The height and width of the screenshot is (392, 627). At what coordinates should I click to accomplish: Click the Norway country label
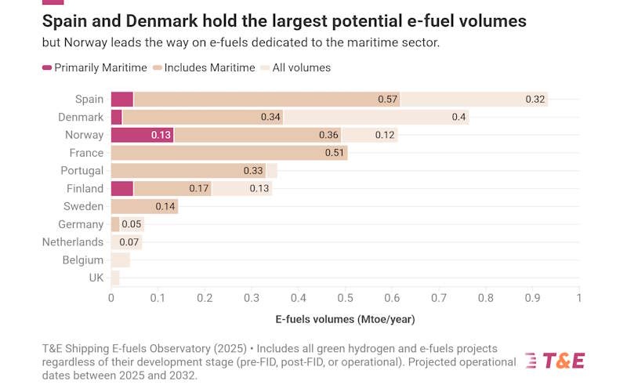pyautogui.click(x=84, y=135)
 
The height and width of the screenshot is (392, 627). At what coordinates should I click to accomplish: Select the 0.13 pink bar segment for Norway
pyautogui.click(x=142, y=135)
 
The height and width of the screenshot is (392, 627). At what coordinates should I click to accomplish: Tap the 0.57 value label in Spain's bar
pyautogui.click(x=387, y=100)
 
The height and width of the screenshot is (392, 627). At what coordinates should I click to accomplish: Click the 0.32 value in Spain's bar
pyautogui.click(x=535, y=100)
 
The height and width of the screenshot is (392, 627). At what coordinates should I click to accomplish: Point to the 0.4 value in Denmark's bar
pyautogui.click(x=458, y=118)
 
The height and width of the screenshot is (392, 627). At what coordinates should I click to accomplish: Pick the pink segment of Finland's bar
pyautogui.click(x=121, y=189)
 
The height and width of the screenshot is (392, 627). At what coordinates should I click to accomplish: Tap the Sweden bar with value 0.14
pyautogui.click(x=144, y=207)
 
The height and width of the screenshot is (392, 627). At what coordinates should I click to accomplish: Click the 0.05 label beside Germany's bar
pyautogui.click(x=131, y=225)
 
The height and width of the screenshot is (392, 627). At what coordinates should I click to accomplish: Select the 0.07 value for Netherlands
pyautogui.click(x=129, y=242)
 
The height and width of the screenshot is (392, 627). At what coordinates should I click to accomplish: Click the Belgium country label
pyautogui.click(x=83, y=260)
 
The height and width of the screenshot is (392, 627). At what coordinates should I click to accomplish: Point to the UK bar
pyautogui.click(x=115, y=278)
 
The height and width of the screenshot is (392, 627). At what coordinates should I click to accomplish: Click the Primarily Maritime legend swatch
pyautogui.click(x=46, y=68)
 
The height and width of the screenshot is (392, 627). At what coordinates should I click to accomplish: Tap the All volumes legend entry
pyautogui.click(x=301, y=68)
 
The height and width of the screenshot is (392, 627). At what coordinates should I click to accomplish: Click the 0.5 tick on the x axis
pyautogui.click(x=345, y=298)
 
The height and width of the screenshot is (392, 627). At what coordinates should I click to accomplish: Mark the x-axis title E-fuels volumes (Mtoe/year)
pyautogui.click(x=345, y=319)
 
